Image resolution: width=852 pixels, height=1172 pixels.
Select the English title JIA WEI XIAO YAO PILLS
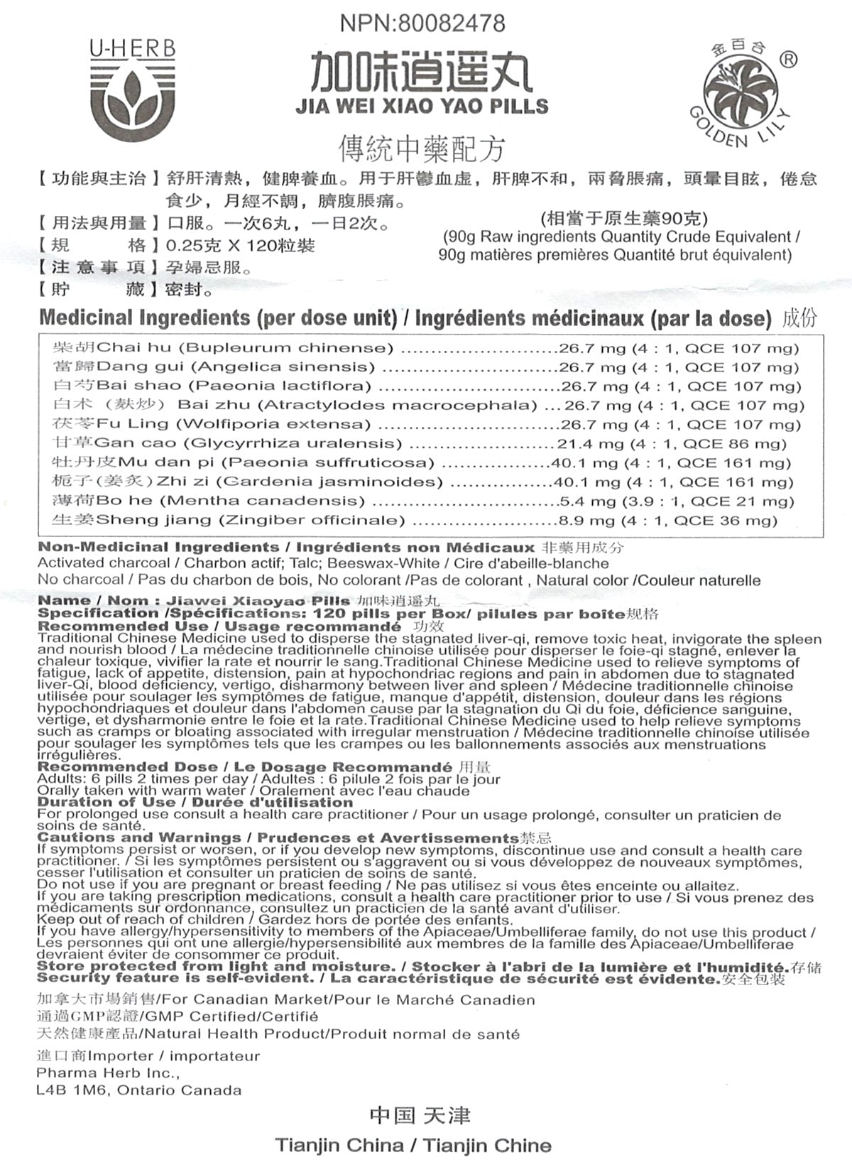tap(422, 107)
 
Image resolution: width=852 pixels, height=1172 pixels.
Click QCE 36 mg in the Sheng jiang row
tap(726, 521)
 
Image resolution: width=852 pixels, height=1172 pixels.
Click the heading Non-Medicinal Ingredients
tap(158, 548)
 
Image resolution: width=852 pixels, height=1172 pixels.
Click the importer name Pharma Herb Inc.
tap(107, 1073)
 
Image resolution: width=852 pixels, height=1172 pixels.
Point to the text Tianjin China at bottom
tap(339, 1146)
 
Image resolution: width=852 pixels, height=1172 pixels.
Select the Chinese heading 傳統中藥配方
tap(422, 148)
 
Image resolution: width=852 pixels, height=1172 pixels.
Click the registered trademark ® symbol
tap(787, 60)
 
